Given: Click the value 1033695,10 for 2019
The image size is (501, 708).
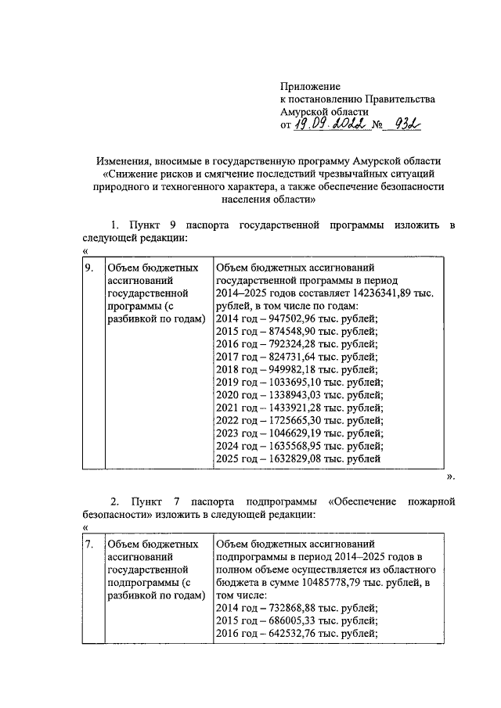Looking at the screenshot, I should tap(284, 383).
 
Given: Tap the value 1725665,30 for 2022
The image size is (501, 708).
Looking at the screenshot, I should tap(284, 421).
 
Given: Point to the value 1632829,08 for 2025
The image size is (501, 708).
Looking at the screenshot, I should tap(284, 459).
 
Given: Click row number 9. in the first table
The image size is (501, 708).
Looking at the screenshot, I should tap(91, 268).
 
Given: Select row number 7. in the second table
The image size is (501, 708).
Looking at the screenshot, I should tap(91, 543).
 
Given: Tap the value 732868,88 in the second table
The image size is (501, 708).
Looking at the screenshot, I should tap(281, 607).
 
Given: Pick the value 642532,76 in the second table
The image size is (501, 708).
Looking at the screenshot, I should tap(281, 633).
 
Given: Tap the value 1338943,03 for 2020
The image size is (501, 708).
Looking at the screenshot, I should tap(284, 395).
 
